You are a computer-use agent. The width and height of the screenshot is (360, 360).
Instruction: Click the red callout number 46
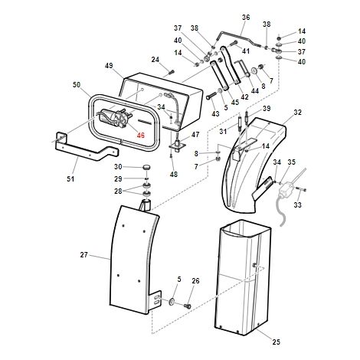140,135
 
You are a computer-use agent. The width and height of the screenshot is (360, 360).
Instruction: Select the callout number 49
109,66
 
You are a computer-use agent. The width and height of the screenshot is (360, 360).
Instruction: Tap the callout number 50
77,85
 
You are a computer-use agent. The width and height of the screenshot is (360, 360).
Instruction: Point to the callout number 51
70,178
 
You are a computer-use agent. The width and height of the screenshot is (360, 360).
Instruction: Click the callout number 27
83,255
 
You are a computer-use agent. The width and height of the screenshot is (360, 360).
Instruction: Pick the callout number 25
277,342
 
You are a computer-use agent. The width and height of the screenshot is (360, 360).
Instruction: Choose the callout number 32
297,113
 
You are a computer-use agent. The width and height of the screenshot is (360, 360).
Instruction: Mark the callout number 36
246,18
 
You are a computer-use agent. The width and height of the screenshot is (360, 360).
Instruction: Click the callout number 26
195,281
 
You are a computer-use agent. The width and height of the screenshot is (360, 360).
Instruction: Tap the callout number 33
297,205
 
